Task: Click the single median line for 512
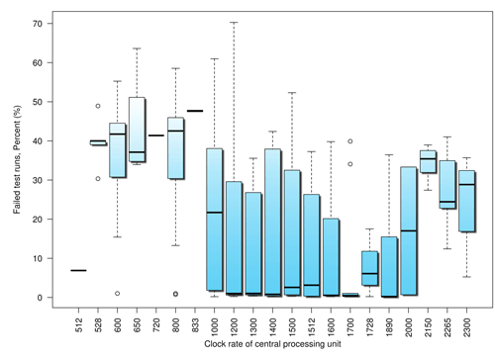(78, 270)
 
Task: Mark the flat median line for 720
(155, 135)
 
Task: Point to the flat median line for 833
(195, 111)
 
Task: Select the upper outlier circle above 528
(98, 106)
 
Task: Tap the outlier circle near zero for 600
(117, 293)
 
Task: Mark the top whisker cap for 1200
(234, 22)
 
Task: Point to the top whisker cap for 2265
(447, 136)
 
